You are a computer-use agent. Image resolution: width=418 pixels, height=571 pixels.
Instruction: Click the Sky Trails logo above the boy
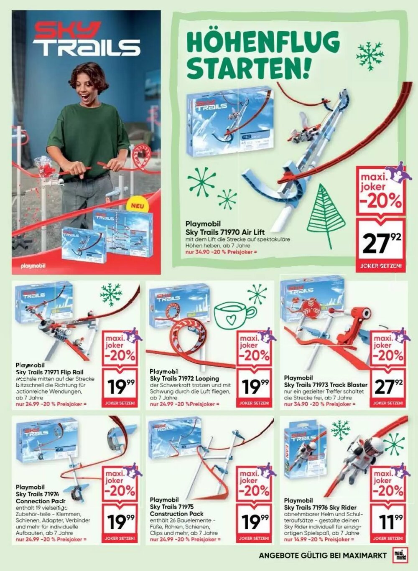pos(86,40)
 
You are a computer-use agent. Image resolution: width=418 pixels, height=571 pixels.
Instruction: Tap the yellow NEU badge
pos(138,206)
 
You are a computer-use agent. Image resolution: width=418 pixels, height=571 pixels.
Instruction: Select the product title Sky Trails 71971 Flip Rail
pos(49,372)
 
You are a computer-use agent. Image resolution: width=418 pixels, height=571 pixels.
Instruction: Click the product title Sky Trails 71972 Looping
pos(184,378)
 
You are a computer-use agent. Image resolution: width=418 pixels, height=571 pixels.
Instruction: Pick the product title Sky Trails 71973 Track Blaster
pos(326,384)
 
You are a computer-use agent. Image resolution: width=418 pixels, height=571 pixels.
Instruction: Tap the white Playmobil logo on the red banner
pos(33,266)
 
